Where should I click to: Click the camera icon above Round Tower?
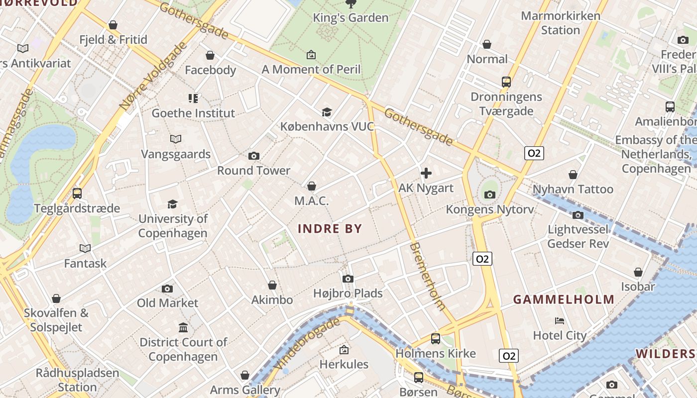coord(254,156)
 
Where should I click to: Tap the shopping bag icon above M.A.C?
coord(312,186)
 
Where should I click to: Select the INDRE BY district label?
coord(330,229)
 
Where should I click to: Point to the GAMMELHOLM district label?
coord(564,299)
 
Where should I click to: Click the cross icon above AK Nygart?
coord(426,173)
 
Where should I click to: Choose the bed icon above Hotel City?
coord(560,321)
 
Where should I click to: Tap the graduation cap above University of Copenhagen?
coord(172,204)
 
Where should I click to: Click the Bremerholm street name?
coord(427,276)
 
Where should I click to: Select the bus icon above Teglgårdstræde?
coord(77,194)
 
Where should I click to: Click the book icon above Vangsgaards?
coord(176,139)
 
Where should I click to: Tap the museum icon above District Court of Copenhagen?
coord(183,327)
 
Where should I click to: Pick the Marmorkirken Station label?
coord(561,23)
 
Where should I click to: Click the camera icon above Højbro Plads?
coord(348,279)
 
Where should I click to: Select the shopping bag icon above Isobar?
coord(638,272)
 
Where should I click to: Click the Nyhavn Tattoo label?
coord(573,189)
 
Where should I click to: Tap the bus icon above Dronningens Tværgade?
coord(506,82)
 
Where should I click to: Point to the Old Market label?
coord(167,302)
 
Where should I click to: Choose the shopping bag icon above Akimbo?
coord(272,285)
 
